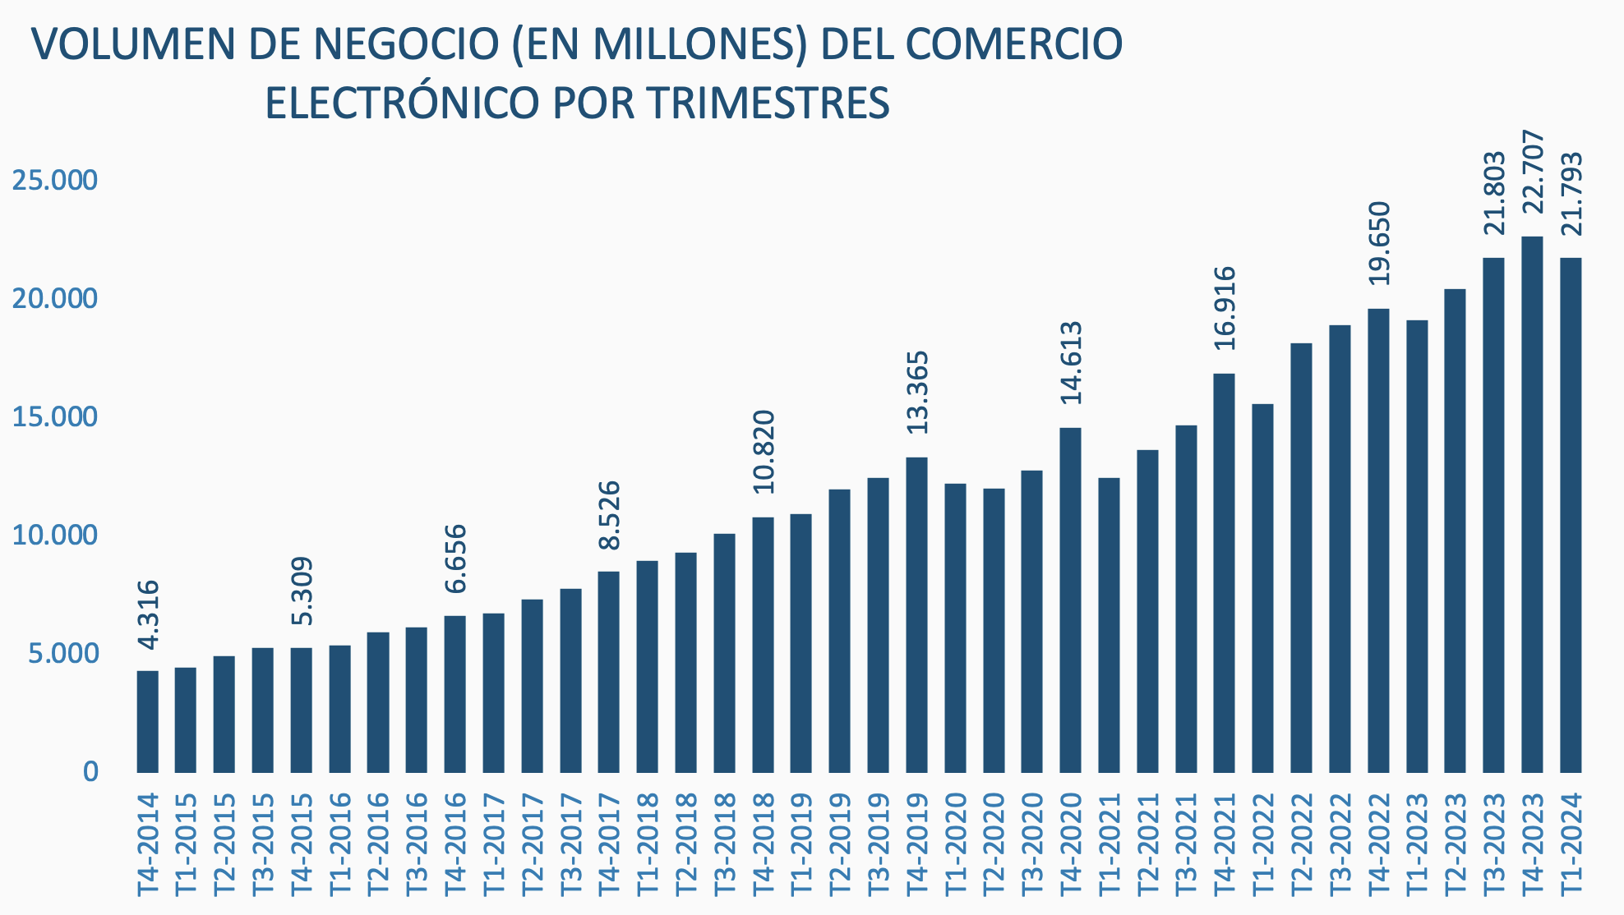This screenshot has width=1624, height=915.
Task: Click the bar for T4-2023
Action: click(x=1532, y=504)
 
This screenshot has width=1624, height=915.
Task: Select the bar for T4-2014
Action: click(x=147, y=721)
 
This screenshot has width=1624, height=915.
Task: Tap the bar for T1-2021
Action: click(x=1109, y=625)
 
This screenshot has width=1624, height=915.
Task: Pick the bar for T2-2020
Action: click(x=994, y=630)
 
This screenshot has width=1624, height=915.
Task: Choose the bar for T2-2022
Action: click(x=1301, y=558)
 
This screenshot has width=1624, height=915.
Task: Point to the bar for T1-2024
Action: click(x=1571, y=515)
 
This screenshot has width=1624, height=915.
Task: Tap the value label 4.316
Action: click(x=148, y=614)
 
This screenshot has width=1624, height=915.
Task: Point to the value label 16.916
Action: click(x=1225, y=308)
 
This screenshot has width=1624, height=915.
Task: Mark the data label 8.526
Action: click(x=609, y=515)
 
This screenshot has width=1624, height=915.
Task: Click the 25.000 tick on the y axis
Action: click(x=54, y=181)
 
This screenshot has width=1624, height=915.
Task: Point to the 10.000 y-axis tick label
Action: click(x=54, y=536)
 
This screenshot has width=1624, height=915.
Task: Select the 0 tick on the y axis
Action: click(x=90, y=772)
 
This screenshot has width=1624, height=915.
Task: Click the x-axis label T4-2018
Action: click(x=764, y=843)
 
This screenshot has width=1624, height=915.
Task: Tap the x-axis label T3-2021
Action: click(x=1186, y=843)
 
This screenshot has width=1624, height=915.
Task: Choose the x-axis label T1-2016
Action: click(x=339, y=843)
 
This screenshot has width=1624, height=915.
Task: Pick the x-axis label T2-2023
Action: click(x=1456, y=843)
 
